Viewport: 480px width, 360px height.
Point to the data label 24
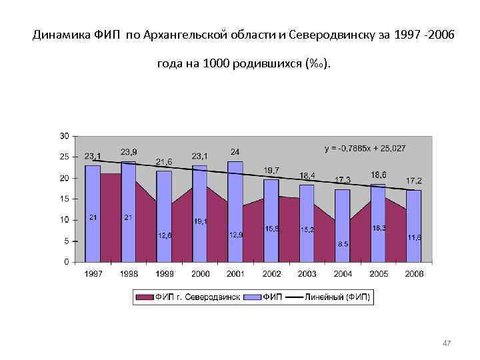tap(235, 151)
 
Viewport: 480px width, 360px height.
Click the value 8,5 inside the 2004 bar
tap(343, 244)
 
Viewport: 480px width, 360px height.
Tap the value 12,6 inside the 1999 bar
tap(165, 235)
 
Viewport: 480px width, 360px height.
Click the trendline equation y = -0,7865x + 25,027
tap(365, 148)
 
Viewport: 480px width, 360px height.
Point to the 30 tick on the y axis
tap(64, 136)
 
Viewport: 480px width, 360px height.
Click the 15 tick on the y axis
tap(64, 199)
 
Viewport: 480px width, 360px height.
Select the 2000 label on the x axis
tap(200, 274)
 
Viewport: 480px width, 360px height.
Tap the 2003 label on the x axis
tap(307, 274)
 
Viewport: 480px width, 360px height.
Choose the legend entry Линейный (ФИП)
tap(339, 296)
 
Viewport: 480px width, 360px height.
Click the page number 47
tap(447, 343)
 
